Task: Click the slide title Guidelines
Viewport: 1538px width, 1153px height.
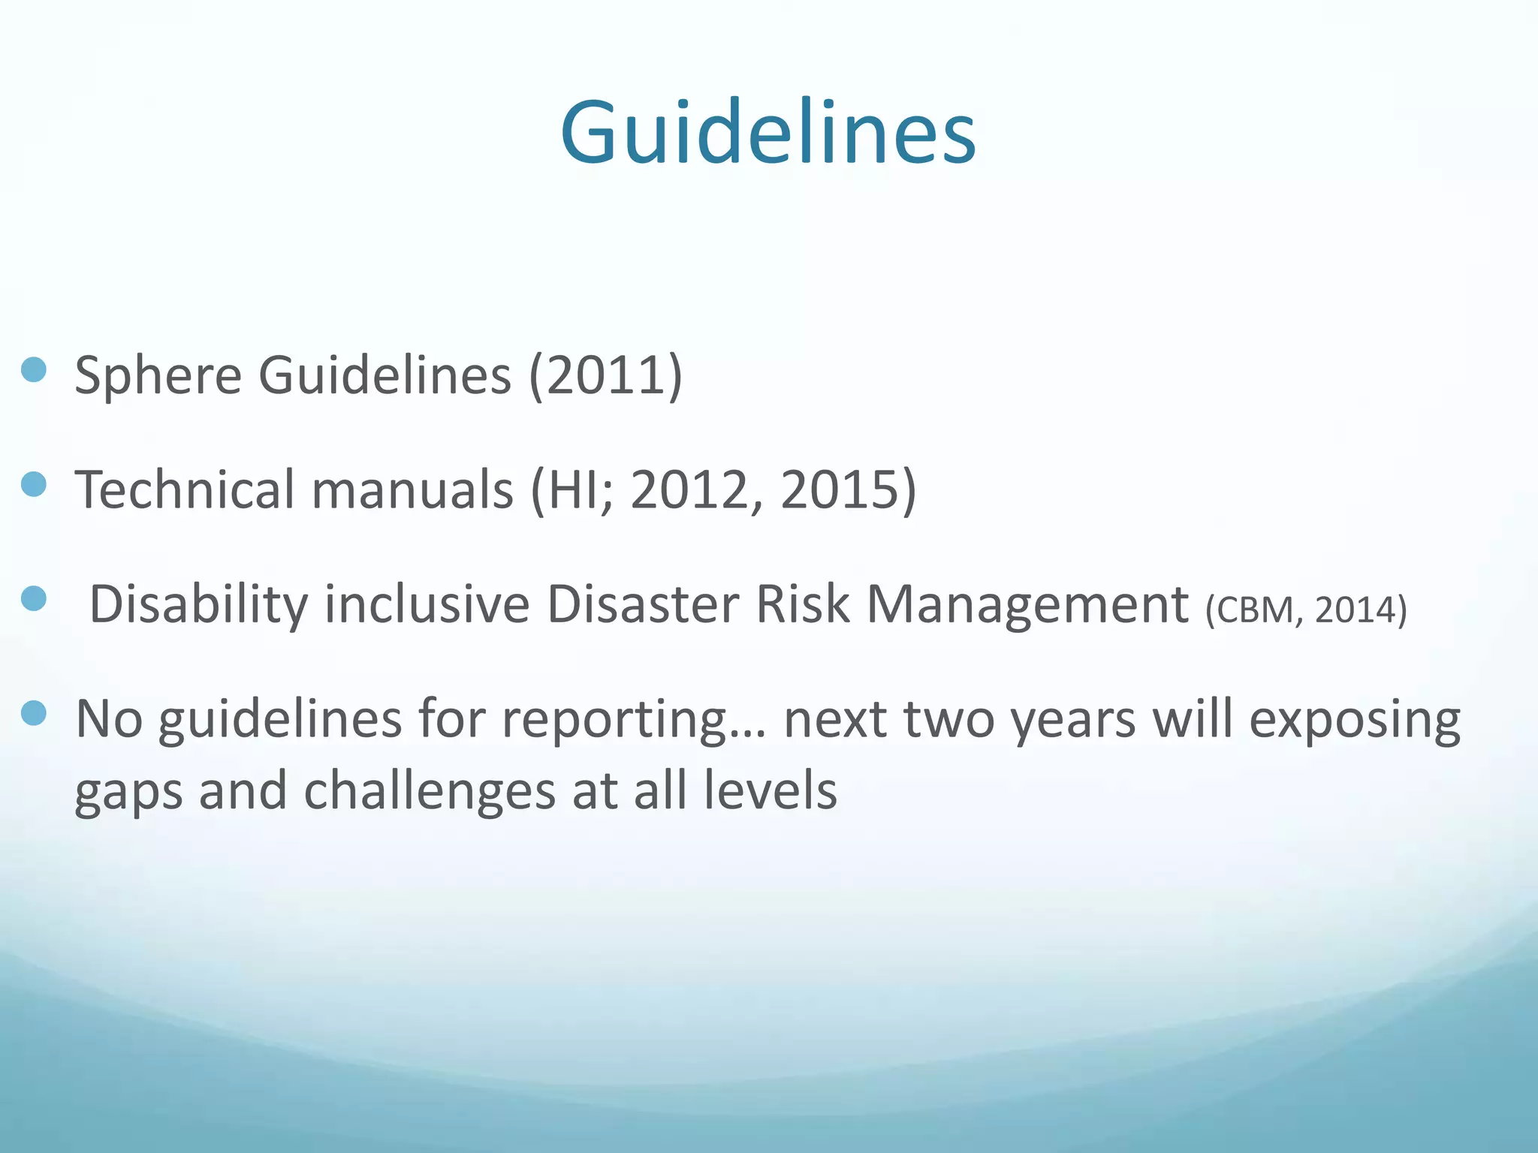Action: (x=767, y=133)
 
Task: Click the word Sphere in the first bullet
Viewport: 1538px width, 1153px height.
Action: (x=158, y=375)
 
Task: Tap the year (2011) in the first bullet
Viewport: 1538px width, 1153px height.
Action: (x=605, y=375)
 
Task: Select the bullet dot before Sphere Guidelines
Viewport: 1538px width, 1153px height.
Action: (x=34, y=370)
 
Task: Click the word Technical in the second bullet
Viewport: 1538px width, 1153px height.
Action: (x=185, y=489)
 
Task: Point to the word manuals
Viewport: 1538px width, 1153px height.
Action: (x=412, y=489)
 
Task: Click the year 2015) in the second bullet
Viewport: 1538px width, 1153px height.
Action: (x=848, y=489)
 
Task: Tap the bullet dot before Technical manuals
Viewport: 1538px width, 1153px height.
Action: (x=34, y=485)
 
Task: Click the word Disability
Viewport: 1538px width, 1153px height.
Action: (x=198, y=604)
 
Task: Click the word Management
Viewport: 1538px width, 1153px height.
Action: (x=1027, y=604)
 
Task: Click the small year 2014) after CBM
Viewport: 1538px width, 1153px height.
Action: (x=1361, y=610)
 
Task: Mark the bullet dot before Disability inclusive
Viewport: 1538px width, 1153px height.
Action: (x=34, y=599)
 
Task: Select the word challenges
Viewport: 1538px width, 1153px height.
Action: (x=429, y=792)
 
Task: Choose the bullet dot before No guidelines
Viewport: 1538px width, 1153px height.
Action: (x=34, y=713)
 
